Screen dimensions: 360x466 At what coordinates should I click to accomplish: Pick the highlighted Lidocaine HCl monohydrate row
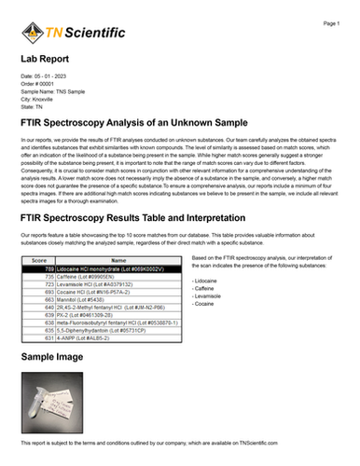tap(102, 269)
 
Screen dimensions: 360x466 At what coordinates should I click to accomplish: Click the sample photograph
tap(54, 400)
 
